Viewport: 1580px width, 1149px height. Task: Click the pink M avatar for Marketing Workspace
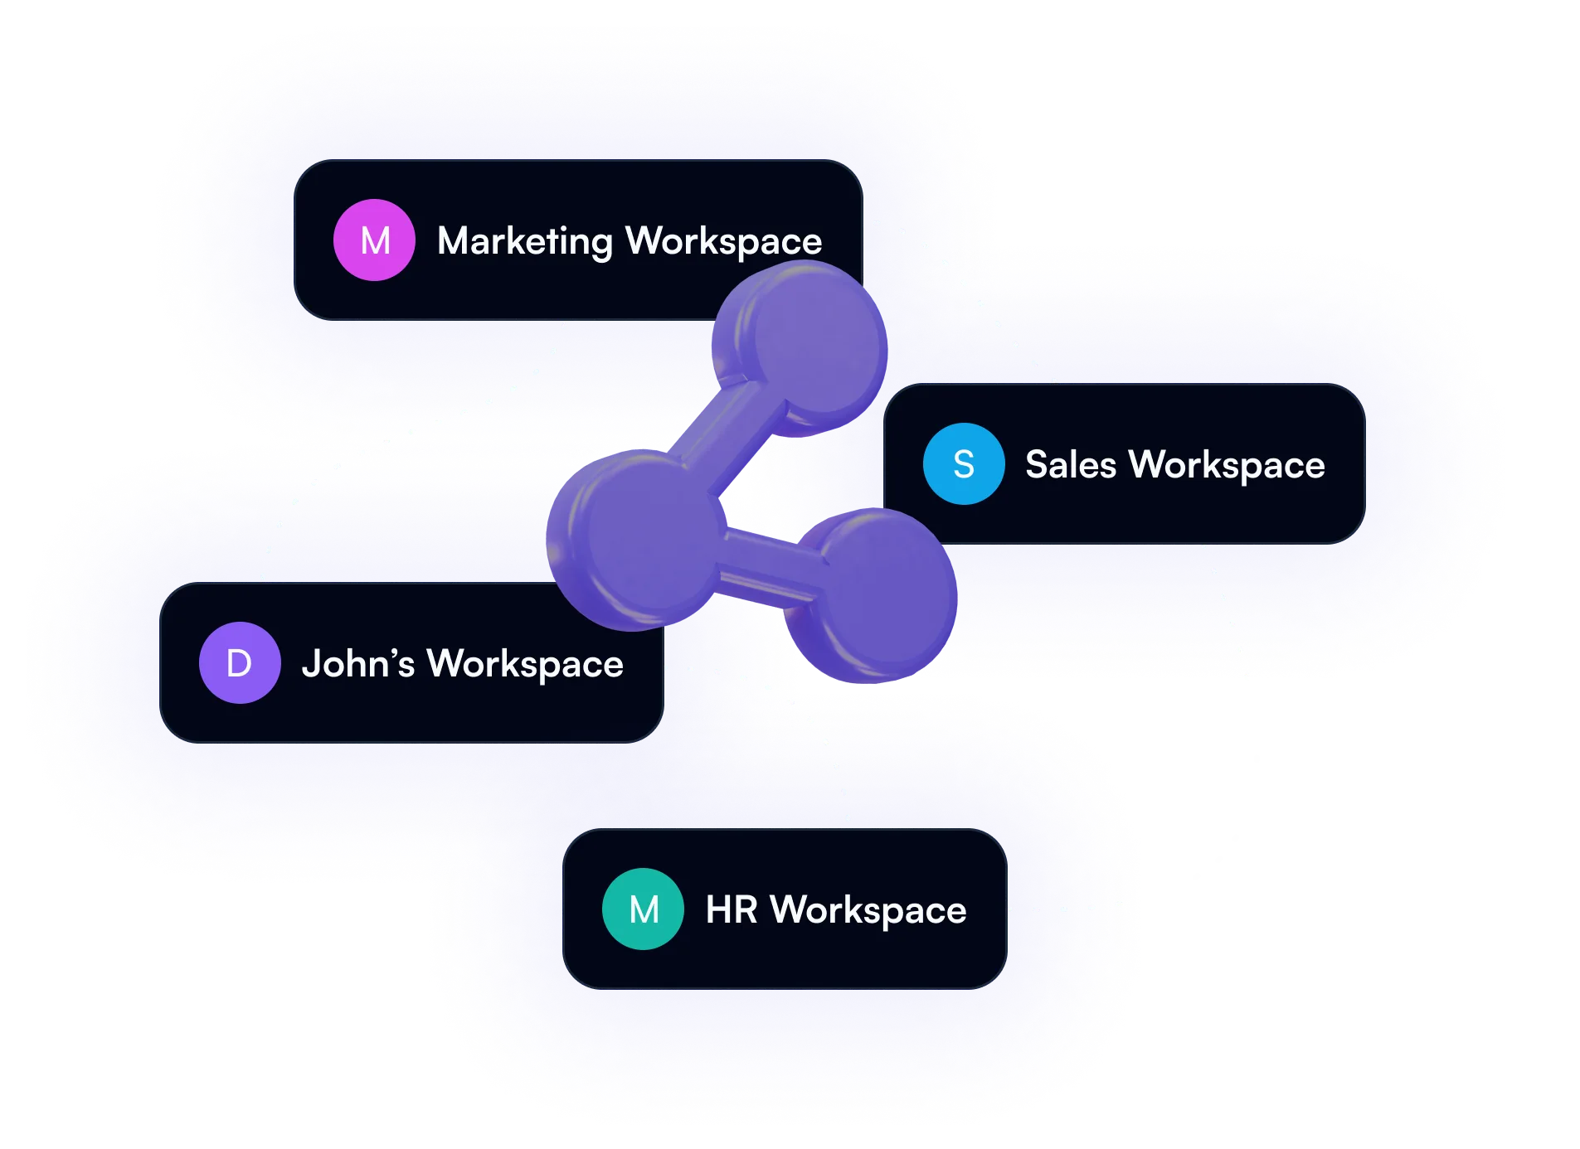pos(374,240)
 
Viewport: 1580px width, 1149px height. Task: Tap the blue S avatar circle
pos(964,464)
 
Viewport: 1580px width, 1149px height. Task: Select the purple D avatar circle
pos(240,663)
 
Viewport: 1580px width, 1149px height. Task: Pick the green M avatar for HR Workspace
pos(644,909)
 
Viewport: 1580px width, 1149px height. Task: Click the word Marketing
pos(524,241)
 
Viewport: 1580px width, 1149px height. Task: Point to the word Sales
pos(1071,464)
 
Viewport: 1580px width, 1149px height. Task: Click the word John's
pos(357,663)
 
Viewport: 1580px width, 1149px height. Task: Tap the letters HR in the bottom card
pos(732,909)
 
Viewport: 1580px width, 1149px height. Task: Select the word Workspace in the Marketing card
pos(724,241)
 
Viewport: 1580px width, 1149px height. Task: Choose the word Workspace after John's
pos(525,664)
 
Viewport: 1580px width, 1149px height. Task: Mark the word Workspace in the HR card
pos(868,910)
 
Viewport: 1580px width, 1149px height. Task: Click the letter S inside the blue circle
pos(964,464)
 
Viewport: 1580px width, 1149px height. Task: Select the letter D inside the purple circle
pos(240,663)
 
